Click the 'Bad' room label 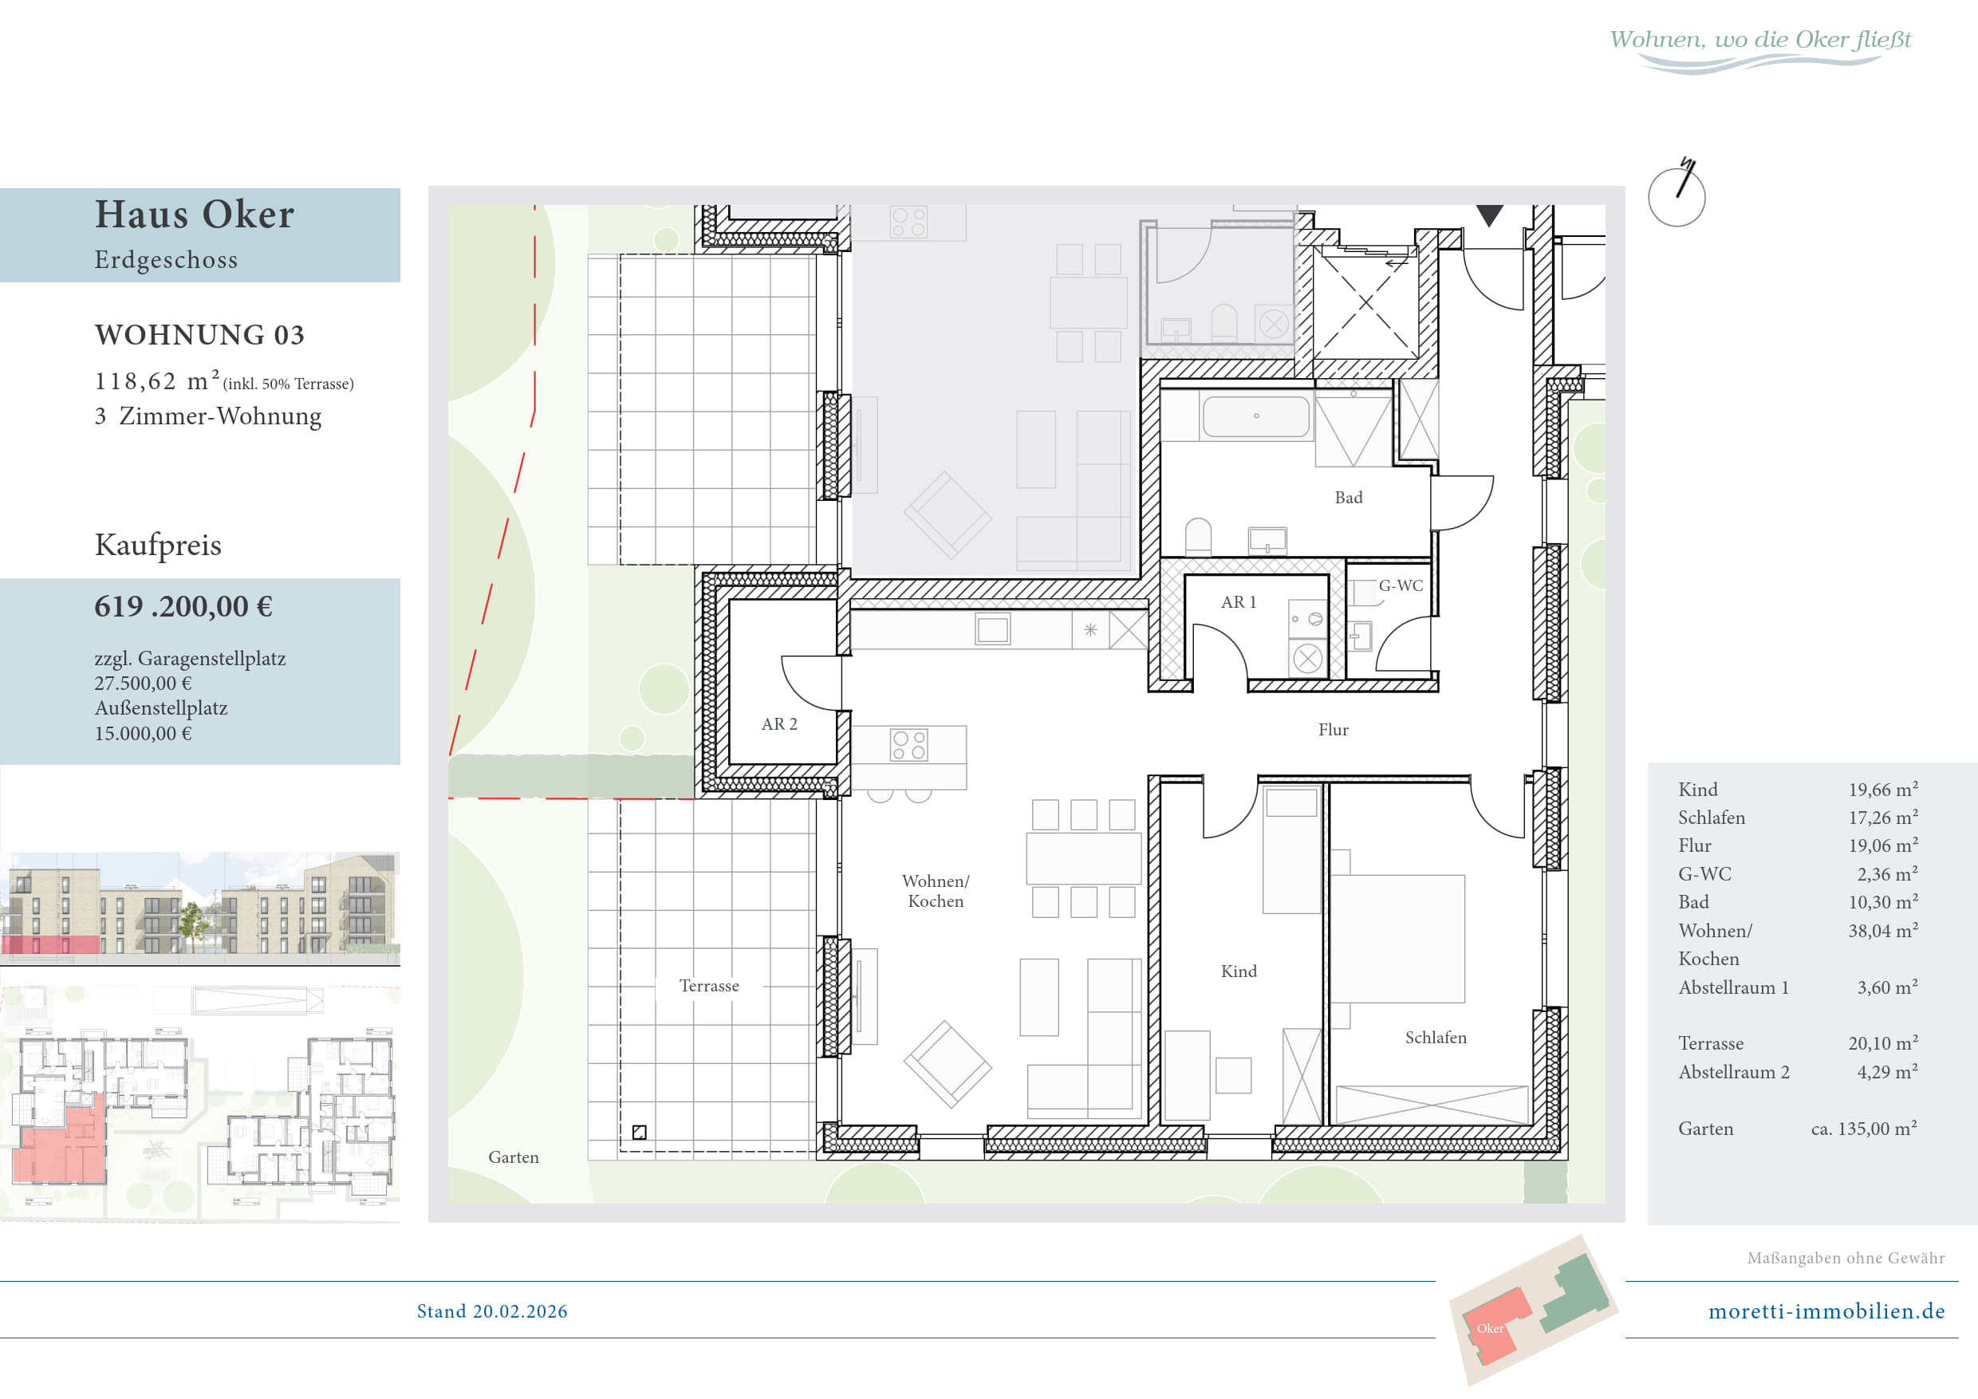tap(1348, 498)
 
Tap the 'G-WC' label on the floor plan tap(1401, 585)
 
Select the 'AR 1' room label tap(1238, 602)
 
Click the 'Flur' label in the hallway tap(1333, 730)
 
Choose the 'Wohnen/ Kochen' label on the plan tap(936, 891)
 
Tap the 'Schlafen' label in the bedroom tap(1436, 1037)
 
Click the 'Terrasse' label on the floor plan tap(709, 986)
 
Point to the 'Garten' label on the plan tap(514, 1157)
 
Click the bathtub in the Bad tap(1256, 416)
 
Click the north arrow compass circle tap(1677, 197)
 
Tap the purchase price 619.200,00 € tap(183, 606)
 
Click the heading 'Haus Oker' tap(195, 214)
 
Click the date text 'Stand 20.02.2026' tap(492, 1311)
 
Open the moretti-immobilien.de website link tap(1826, 1311)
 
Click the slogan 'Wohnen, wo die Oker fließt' tap(1760, 40)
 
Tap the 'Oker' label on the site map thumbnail tap(1490, 1328)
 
